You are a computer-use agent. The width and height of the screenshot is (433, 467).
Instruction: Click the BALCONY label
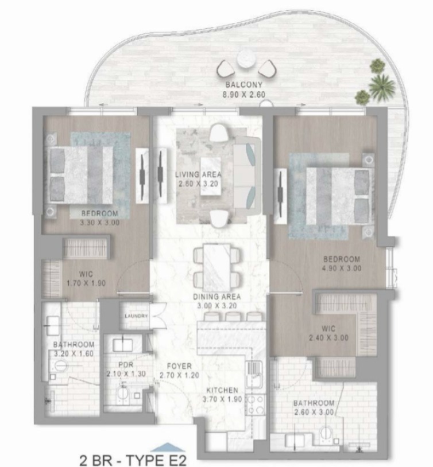pyautogui.click(x=243, y=84)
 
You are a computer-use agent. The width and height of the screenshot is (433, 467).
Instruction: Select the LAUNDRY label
pyautogui.click(x=136, y=316)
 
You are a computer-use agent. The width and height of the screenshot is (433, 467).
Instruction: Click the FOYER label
pyautogui.click(x=179, y=366)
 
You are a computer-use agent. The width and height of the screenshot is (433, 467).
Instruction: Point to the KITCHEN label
pyautogui.click(x=222, y=390)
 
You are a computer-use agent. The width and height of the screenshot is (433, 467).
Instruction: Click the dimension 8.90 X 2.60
pyautogui.click(x=243, y=95)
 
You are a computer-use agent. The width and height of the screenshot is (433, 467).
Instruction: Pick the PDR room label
pyautogui.click(x=126, y=364)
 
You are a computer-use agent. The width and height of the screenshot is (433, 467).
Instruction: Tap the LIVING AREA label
pyautogui.click(x=198, y=174)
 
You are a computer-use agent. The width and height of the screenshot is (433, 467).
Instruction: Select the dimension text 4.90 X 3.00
pyautogui.click(x=342, y=268)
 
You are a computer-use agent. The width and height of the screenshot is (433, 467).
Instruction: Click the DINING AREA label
pyautogui.click(x=217, y=297)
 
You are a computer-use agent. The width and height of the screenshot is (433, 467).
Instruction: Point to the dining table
pyautogui.click(x=217, y=267)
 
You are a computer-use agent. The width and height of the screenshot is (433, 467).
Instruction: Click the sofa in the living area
pyautogui.click(x=245, y=176)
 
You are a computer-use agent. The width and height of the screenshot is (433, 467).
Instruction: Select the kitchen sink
pyautogui.click(x=253, y=371)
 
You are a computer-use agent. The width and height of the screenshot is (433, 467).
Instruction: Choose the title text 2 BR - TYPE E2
pyautogui.click(x=133, y=460)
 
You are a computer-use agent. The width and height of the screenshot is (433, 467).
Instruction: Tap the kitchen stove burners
pyautogui.click(x=256, y=404)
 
